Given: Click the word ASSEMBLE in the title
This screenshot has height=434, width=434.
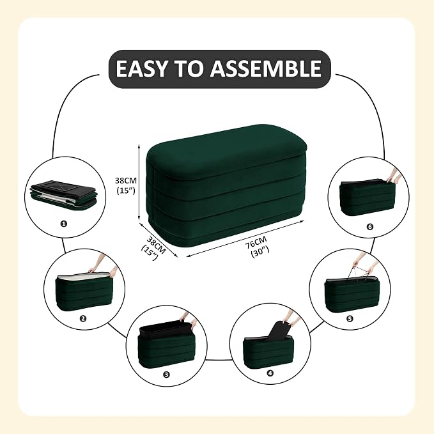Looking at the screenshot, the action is tap(266, 68).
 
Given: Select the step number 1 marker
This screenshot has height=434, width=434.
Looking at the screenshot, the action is tap(64, 224).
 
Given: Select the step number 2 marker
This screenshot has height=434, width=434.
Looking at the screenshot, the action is tap(82, 318).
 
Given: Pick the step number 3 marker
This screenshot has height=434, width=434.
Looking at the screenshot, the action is tap(166, 375).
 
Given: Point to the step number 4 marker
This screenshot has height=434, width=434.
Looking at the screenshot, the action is tap(270, 373).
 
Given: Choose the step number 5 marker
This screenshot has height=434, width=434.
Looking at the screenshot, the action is tap(350, 319).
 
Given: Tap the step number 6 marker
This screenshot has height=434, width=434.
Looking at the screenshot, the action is tap(370, 227).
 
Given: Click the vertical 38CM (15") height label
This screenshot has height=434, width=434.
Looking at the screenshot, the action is tap(126, 185).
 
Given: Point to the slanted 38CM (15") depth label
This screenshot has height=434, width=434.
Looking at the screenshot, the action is tap(153, 248).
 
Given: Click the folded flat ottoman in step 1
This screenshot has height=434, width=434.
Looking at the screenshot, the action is tap(61, 194).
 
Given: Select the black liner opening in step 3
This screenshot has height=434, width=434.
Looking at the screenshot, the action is tap(166, 329).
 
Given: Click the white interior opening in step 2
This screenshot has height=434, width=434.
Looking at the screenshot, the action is tap(84, 277).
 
